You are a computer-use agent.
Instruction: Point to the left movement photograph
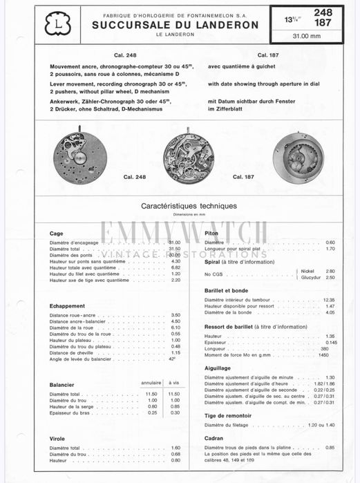pos(82,158)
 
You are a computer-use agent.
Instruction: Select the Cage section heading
pos(57,234)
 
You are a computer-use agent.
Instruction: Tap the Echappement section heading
pos(68,305)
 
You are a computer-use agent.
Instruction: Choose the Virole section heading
pos(57,438)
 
